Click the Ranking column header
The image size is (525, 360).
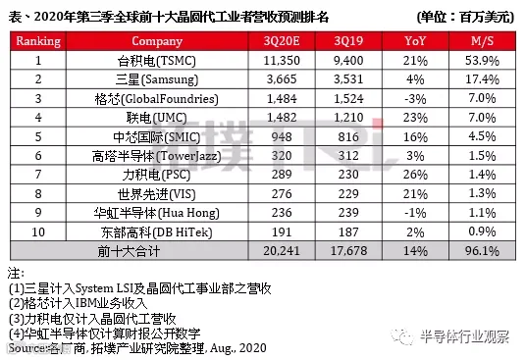[x=38, y=41]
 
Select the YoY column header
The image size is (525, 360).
[x=415, y=41]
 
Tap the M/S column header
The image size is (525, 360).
[x=482, y=41]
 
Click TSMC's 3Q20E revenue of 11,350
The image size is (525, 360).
[x=282, y=61]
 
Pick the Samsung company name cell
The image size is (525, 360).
[x=157, y=79]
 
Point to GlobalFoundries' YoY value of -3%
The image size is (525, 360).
[x=415, y=99]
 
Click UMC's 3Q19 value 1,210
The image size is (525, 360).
[x=348, y=118]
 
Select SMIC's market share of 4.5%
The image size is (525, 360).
[x=482, y=136]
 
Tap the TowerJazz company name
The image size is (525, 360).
[x=157, y=156]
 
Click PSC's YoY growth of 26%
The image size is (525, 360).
[x=415, y=175]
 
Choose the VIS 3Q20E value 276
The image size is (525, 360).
[x=282, y=194]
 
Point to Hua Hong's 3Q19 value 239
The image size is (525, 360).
[x=348, y=213]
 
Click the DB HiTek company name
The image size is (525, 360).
[x=157, y=232]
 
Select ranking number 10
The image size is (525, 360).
[x=38, y=232]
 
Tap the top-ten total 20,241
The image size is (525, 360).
[x=282, y=251]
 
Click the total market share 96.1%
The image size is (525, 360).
[x=482, y=251]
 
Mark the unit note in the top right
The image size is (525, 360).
[x=465, y=17]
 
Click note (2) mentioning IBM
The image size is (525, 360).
[x=78, y=303]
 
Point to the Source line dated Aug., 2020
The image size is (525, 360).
[x=137, y=348]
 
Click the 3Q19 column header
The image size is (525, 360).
[x=348, y=41]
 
